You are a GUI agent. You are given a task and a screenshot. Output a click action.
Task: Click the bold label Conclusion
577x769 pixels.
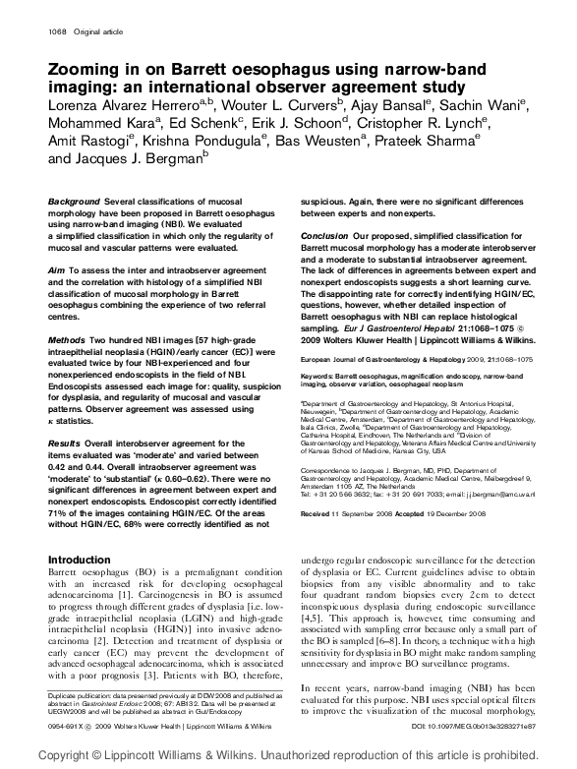click(x=323, y=237)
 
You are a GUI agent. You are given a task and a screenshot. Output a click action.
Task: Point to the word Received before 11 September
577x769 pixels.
click(x=317, y=486)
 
